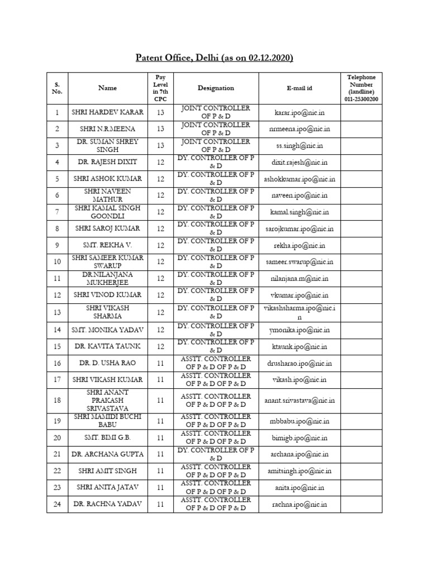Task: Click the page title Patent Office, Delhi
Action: click(215, 58)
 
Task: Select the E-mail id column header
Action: click(299, 88)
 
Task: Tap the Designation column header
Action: click(216, 88)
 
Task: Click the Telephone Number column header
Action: click(361, 88)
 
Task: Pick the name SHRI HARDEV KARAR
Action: click(108, 112)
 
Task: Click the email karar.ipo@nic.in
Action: click(299, 112)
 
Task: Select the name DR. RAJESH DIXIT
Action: click(108, 162)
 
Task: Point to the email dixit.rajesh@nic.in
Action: click(299, 162)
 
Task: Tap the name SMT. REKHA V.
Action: click(108, 245)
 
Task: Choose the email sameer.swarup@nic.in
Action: click(299, 262)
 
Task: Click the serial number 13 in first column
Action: click(57, 312)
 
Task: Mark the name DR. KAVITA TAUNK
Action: click(108, 346)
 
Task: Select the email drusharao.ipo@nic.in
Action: click(299, 363)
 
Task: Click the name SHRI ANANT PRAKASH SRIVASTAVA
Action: click(108, 401)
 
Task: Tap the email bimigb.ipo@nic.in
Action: click(299, 438)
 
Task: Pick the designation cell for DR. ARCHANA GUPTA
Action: click(216, 454)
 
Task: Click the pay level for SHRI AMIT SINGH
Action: click(161, 471)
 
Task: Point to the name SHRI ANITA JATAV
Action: click(108, 488)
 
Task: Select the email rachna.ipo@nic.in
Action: click(299, 504)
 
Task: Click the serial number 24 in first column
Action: click(57, 504)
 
